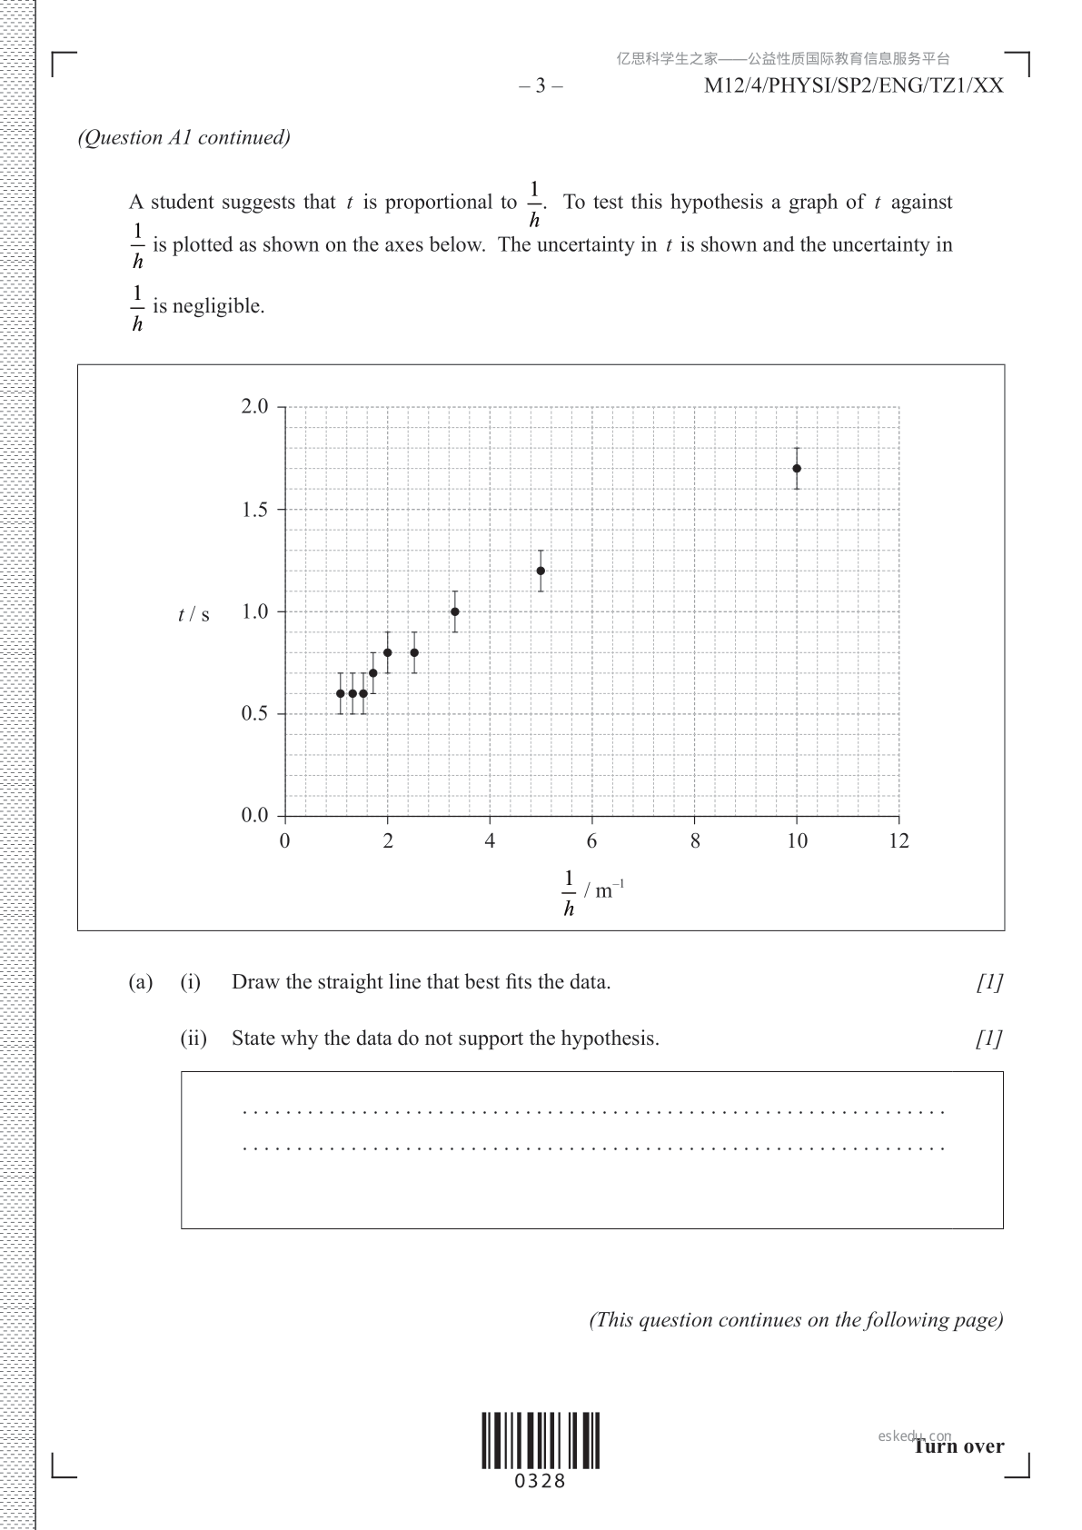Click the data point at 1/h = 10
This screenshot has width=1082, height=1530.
(797, 469)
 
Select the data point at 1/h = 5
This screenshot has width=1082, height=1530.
(541, 571)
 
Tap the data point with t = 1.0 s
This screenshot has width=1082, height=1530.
(455, 611)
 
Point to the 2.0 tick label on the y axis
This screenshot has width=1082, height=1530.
(255, 406)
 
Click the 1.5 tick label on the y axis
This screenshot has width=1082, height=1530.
(255, 510)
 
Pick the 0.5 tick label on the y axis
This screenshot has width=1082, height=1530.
(255, 713)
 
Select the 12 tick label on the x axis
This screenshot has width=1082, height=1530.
(898, 841)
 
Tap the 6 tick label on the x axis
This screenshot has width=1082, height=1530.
(592, 841)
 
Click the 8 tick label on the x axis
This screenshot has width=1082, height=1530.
(695, 841)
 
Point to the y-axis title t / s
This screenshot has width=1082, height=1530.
(194, 615)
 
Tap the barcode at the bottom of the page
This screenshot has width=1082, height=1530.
(541, 1441)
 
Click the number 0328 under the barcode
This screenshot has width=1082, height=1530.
(541, 1482)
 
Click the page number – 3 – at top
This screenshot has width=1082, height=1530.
(541, 86)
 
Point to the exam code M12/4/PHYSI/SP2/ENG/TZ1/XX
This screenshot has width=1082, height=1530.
(854, 86)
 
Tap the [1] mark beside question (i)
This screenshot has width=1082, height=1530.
(989, 982)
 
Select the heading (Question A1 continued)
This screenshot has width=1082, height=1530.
(184, 137)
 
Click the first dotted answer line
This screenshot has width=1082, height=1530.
(594, 1111)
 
